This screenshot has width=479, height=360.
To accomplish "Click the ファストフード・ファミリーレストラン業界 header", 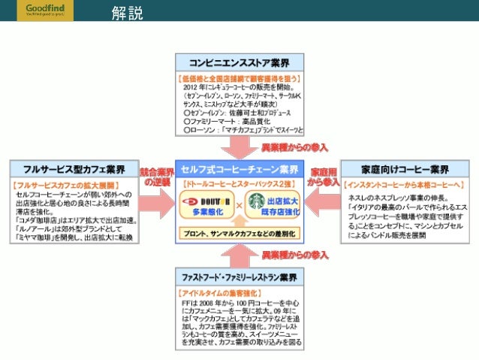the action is [x=239, y=277].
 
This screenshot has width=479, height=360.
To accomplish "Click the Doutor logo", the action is [x=201, y=199].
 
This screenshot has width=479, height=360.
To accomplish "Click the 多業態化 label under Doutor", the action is [x=202, y=213].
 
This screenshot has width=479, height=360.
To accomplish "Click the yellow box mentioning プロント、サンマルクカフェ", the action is [x=239, y=234].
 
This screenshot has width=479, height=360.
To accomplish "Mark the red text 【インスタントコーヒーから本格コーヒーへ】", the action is [x=404, y=184].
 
